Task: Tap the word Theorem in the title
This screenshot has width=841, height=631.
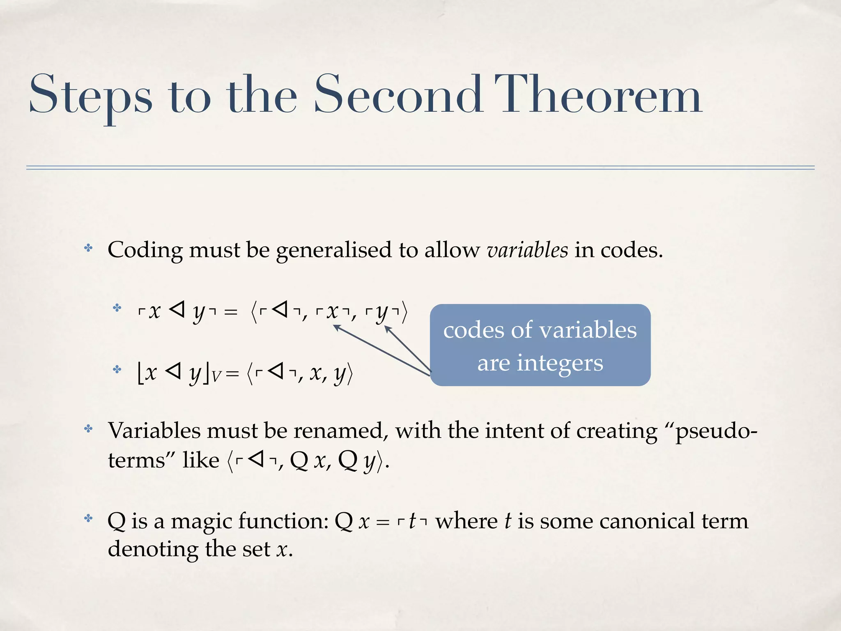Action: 598,95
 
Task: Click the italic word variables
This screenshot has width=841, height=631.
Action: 527,250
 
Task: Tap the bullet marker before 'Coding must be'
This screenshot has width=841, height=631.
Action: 88,248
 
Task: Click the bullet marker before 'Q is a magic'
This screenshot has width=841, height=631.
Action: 88,518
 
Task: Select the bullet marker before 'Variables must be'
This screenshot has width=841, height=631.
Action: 88,429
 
